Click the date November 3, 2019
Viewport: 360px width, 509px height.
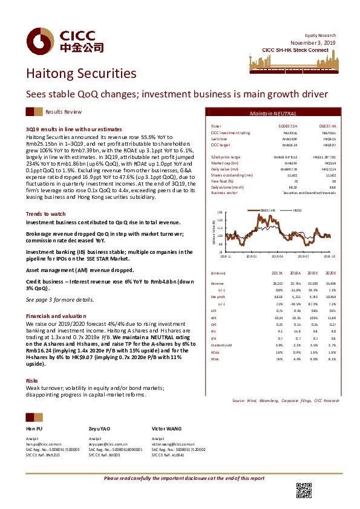314,27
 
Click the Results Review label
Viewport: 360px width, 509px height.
64,112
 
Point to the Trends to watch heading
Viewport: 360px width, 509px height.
45,214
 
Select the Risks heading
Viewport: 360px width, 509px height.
32,380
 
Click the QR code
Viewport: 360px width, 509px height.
303,490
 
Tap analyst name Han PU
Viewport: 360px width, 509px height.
35,427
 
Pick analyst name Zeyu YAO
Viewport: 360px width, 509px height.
100,427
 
